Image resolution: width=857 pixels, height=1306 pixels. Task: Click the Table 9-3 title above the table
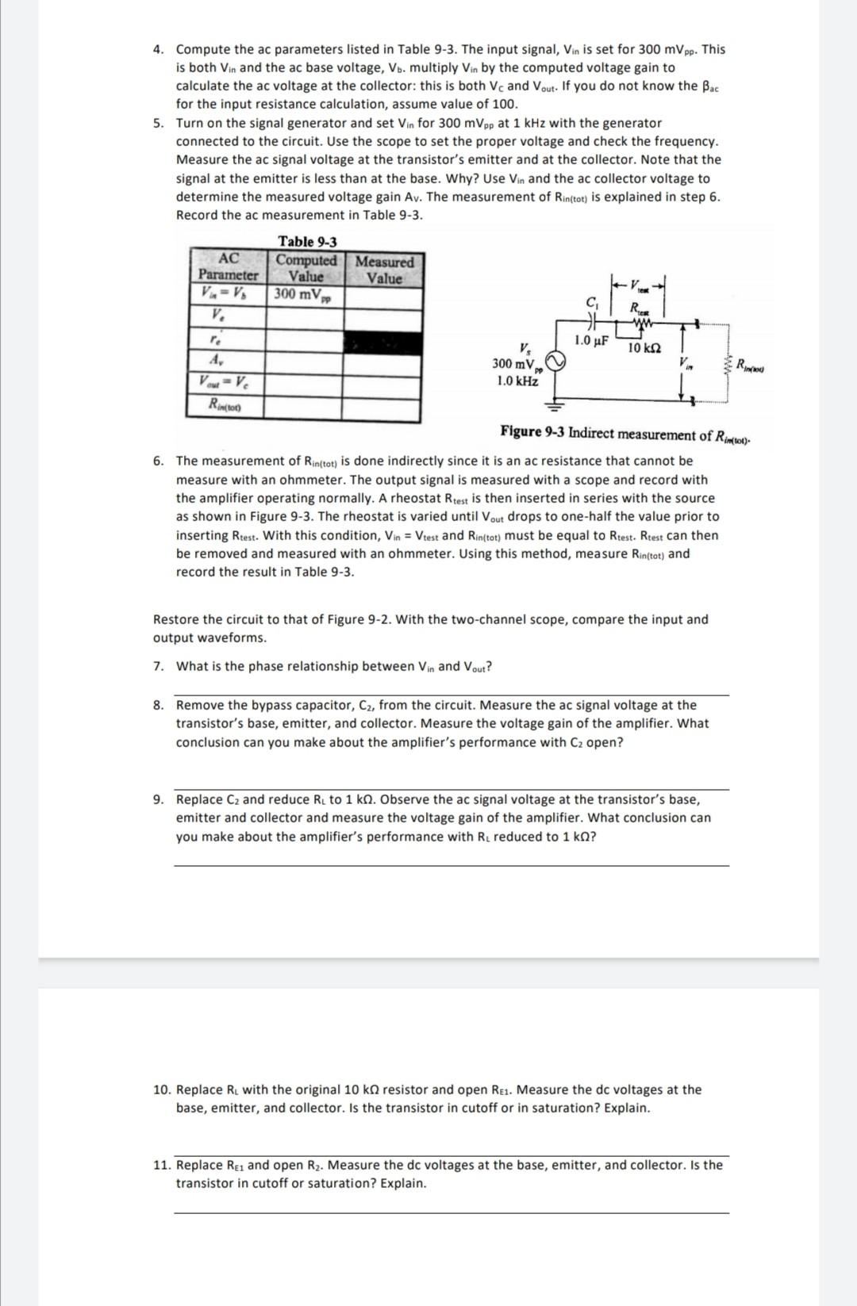click(307, 242)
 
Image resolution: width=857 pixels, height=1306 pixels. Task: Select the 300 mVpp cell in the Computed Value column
click(303, 295)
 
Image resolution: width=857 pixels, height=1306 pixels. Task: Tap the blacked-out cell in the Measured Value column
click(380, 343)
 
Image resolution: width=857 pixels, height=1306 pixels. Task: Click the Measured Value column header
click(384, 270)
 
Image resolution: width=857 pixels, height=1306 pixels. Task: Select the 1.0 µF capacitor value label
click(590, 341)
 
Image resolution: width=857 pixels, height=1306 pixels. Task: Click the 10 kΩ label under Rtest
click(644, 348)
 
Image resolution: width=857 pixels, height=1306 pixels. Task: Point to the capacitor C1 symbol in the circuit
click(590, 322)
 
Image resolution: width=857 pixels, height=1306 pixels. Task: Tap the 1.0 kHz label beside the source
click(517, 381)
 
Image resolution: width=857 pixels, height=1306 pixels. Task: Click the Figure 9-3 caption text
click(625, 434)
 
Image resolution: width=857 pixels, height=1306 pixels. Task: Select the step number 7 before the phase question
click(159, 666)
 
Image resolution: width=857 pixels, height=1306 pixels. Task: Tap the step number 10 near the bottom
click(161, 1090)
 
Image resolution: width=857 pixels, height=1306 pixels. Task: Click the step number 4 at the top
click(159, 49)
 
